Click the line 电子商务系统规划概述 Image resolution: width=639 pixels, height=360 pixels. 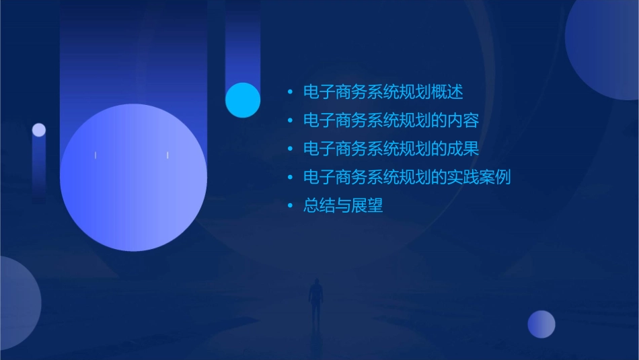(x=383, y=92)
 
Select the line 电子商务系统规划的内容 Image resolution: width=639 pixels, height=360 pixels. (x=391, y=121)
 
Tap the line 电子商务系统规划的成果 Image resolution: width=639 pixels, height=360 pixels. (x=391, y=149)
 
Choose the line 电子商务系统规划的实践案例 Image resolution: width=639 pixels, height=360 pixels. (x=407, y=178)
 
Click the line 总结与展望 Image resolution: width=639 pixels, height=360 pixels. (x=343, y=206)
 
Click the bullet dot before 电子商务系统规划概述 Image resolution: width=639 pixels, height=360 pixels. (x=290, y=93)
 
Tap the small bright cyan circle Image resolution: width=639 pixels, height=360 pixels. (x=243, y=100)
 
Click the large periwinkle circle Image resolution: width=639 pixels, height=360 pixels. (x=133, y=178)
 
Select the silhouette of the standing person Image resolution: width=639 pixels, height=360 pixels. (x=315, y=300)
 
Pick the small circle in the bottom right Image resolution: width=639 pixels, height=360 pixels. (x=541, y=324)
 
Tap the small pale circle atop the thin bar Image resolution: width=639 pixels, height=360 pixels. (x=39, y=130)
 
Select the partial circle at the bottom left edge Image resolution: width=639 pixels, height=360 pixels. (x=17, y=303)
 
